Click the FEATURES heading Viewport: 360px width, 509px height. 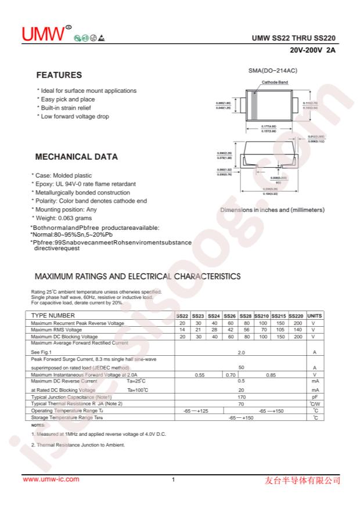(x=59, y=75)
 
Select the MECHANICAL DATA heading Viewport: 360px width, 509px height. (x=77, y=157)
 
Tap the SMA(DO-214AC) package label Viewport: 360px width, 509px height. (x=273, y=70)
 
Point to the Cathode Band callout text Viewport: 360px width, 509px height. (x=275, y=82)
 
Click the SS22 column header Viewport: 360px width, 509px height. (x=182, y=316)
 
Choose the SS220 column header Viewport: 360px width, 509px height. (x=296, y=316)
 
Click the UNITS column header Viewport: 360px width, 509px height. (x=314, y=316)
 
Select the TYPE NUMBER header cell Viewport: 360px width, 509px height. (x=53, y=316)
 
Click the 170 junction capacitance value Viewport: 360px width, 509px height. (x=241, y=396)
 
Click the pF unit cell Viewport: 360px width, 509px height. (x=314, y=396)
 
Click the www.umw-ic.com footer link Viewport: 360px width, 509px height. (x=51, y=479)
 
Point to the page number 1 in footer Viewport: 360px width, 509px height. (x=174, y=480)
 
